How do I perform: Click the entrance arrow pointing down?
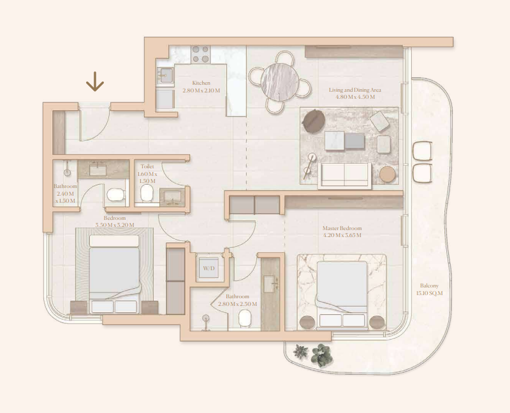[95, 82]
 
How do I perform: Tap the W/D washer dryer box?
[209, 268]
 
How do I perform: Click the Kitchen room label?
[201, 83]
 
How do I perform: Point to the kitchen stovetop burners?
[200, 54]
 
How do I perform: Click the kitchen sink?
[165, 75]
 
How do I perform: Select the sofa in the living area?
[344, 176]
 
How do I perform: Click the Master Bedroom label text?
[342, 228]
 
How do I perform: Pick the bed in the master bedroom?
[342, 294]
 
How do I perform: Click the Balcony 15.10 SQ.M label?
[429, 289]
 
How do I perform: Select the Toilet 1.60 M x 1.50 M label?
[147, 173]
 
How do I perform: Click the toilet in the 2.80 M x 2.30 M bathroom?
[245, 319]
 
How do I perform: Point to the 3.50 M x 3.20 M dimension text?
[115, 225]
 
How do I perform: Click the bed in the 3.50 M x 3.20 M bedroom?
[114, 274]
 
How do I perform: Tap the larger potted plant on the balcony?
[321, 354]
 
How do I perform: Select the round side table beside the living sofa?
[388, 174]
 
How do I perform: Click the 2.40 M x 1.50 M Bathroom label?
[66, 194]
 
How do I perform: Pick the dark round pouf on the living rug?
[314, 121]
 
